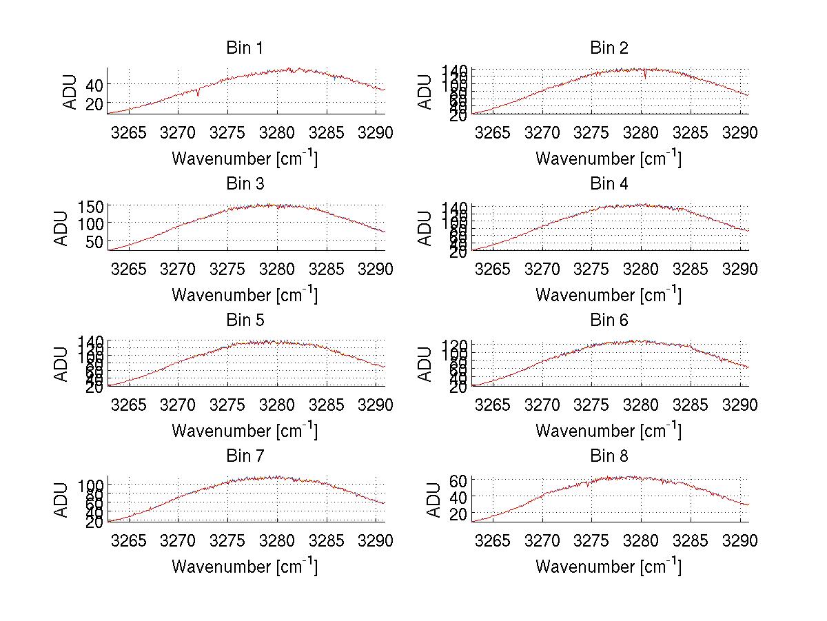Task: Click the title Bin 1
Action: (245, 48)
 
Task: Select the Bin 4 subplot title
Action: (609, 184)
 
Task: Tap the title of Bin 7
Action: (245, 456)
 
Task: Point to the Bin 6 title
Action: (609, 320)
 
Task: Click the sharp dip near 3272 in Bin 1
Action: (198, 94)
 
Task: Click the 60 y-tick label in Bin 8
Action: (457, 480)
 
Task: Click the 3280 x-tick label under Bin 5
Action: (277, 405)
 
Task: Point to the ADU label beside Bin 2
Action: (425, 91)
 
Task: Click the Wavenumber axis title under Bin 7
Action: (245, 567)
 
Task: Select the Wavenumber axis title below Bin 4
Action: (609, 294)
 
